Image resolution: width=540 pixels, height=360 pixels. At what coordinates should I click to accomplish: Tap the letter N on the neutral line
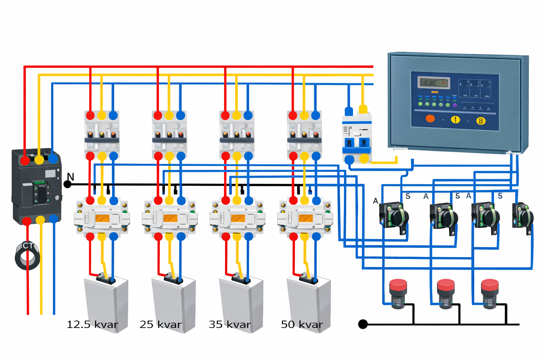tap(70, 177)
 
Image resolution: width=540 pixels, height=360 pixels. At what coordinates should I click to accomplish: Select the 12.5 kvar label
tap(92, 324)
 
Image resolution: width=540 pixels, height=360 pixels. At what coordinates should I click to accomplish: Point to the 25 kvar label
tap(161, 324)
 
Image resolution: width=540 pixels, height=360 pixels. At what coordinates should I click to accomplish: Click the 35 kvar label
tap(230, 324)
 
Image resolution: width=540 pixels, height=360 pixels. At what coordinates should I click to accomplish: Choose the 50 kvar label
tap(302, 324)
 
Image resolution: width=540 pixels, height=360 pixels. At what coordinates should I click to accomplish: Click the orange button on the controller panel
tap(430, 118)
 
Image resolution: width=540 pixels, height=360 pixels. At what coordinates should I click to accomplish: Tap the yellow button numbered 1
tap(455, 120)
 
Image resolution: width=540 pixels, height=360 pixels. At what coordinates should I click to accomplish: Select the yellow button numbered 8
tap(481, 121)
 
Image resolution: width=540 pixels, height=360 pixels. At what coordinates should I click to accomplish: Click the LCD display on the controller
tap(434, 83)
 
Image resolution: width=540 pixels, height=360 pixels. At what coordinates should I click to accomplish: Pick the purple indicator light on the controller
tap(455, 105)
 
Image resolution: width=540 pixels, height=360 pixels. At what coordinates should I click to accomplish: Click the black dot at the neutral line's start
tap(67, 184)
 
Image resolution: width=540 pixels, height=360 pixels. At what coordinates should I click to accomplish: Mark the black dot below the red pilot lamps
tap(363, 324)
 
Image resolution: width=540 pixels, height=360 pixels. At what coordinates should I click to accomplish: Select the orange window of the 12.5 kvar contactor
tap(102, 218)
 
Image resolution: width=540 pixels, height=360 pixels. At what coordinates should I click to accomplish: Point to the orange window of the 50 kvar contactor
tap(305, 218)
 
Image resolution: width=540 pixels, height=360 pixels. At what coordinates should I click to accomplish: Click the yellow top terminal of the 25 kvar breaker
tap(169, 115)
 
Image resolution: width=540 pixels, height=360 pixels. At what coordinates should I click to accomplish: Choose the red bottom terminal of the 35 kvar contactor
tap(226, 237)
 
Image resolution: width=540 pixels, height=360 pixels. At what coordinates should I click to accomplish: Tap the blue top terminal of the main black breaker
tap(53, 159)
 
